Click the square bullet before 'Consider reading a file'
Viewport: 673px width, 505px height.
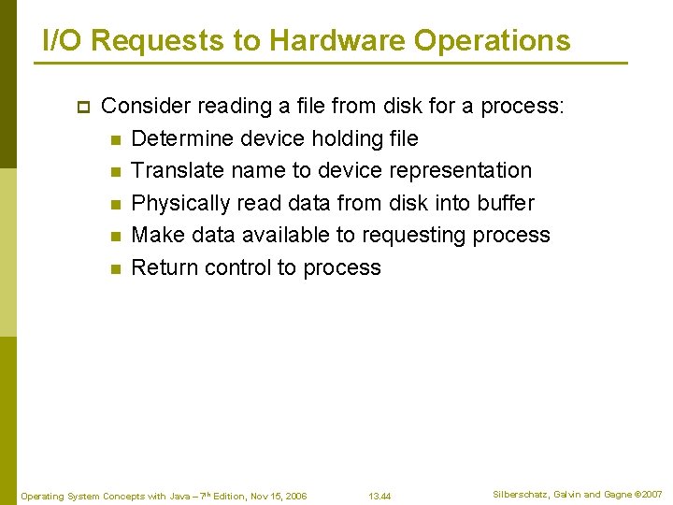[81, 107]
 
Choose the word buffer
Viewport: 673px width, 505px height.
[505, 203]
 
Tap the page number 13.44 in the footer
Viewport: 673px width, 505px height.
[379, 496]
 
